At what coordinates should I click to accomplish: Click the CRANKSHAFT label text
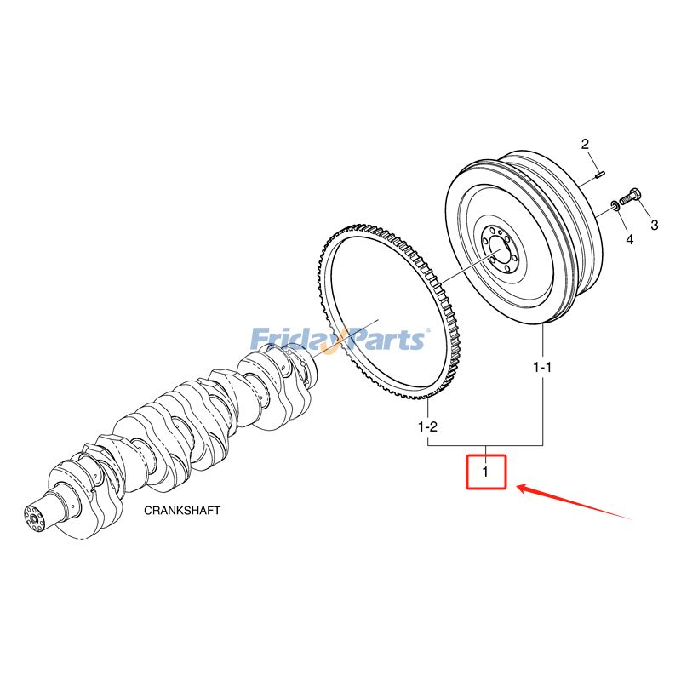tap(181, 511)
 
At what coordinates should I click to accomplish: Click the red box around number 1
tap(485, 472)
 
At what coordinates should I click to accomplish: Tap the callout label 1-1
tap(542, 368)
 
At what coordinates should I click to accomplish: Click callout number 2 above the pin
tap(586, 144)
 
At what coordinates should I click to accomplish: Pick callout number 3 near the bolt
tap(655, 226)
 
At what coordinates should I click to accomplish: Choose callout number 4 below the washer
tap(629, 241)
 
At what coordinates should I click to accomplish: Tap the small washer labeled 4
tap(614, 205)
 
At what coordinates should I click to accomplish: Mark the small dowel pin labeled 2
tap(599, 176)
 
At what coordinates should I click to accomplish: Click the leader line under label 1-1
tap(543, 409)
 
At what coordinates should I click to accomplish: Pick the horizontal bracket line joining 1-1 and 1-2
tap(485, 445)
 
